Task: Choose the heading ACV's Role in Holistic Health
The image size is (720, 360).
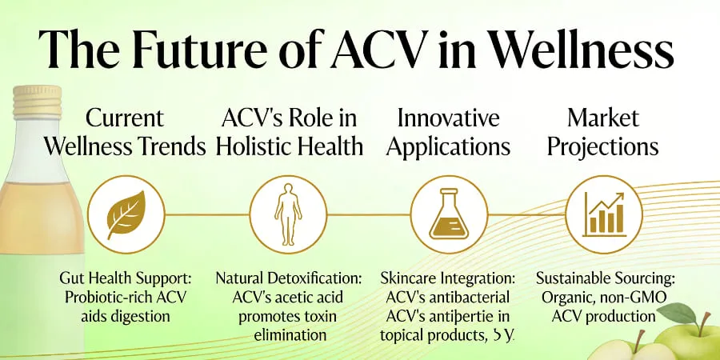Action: (290, 133)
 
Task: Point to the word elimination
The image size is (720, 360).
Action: (289, 334)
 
